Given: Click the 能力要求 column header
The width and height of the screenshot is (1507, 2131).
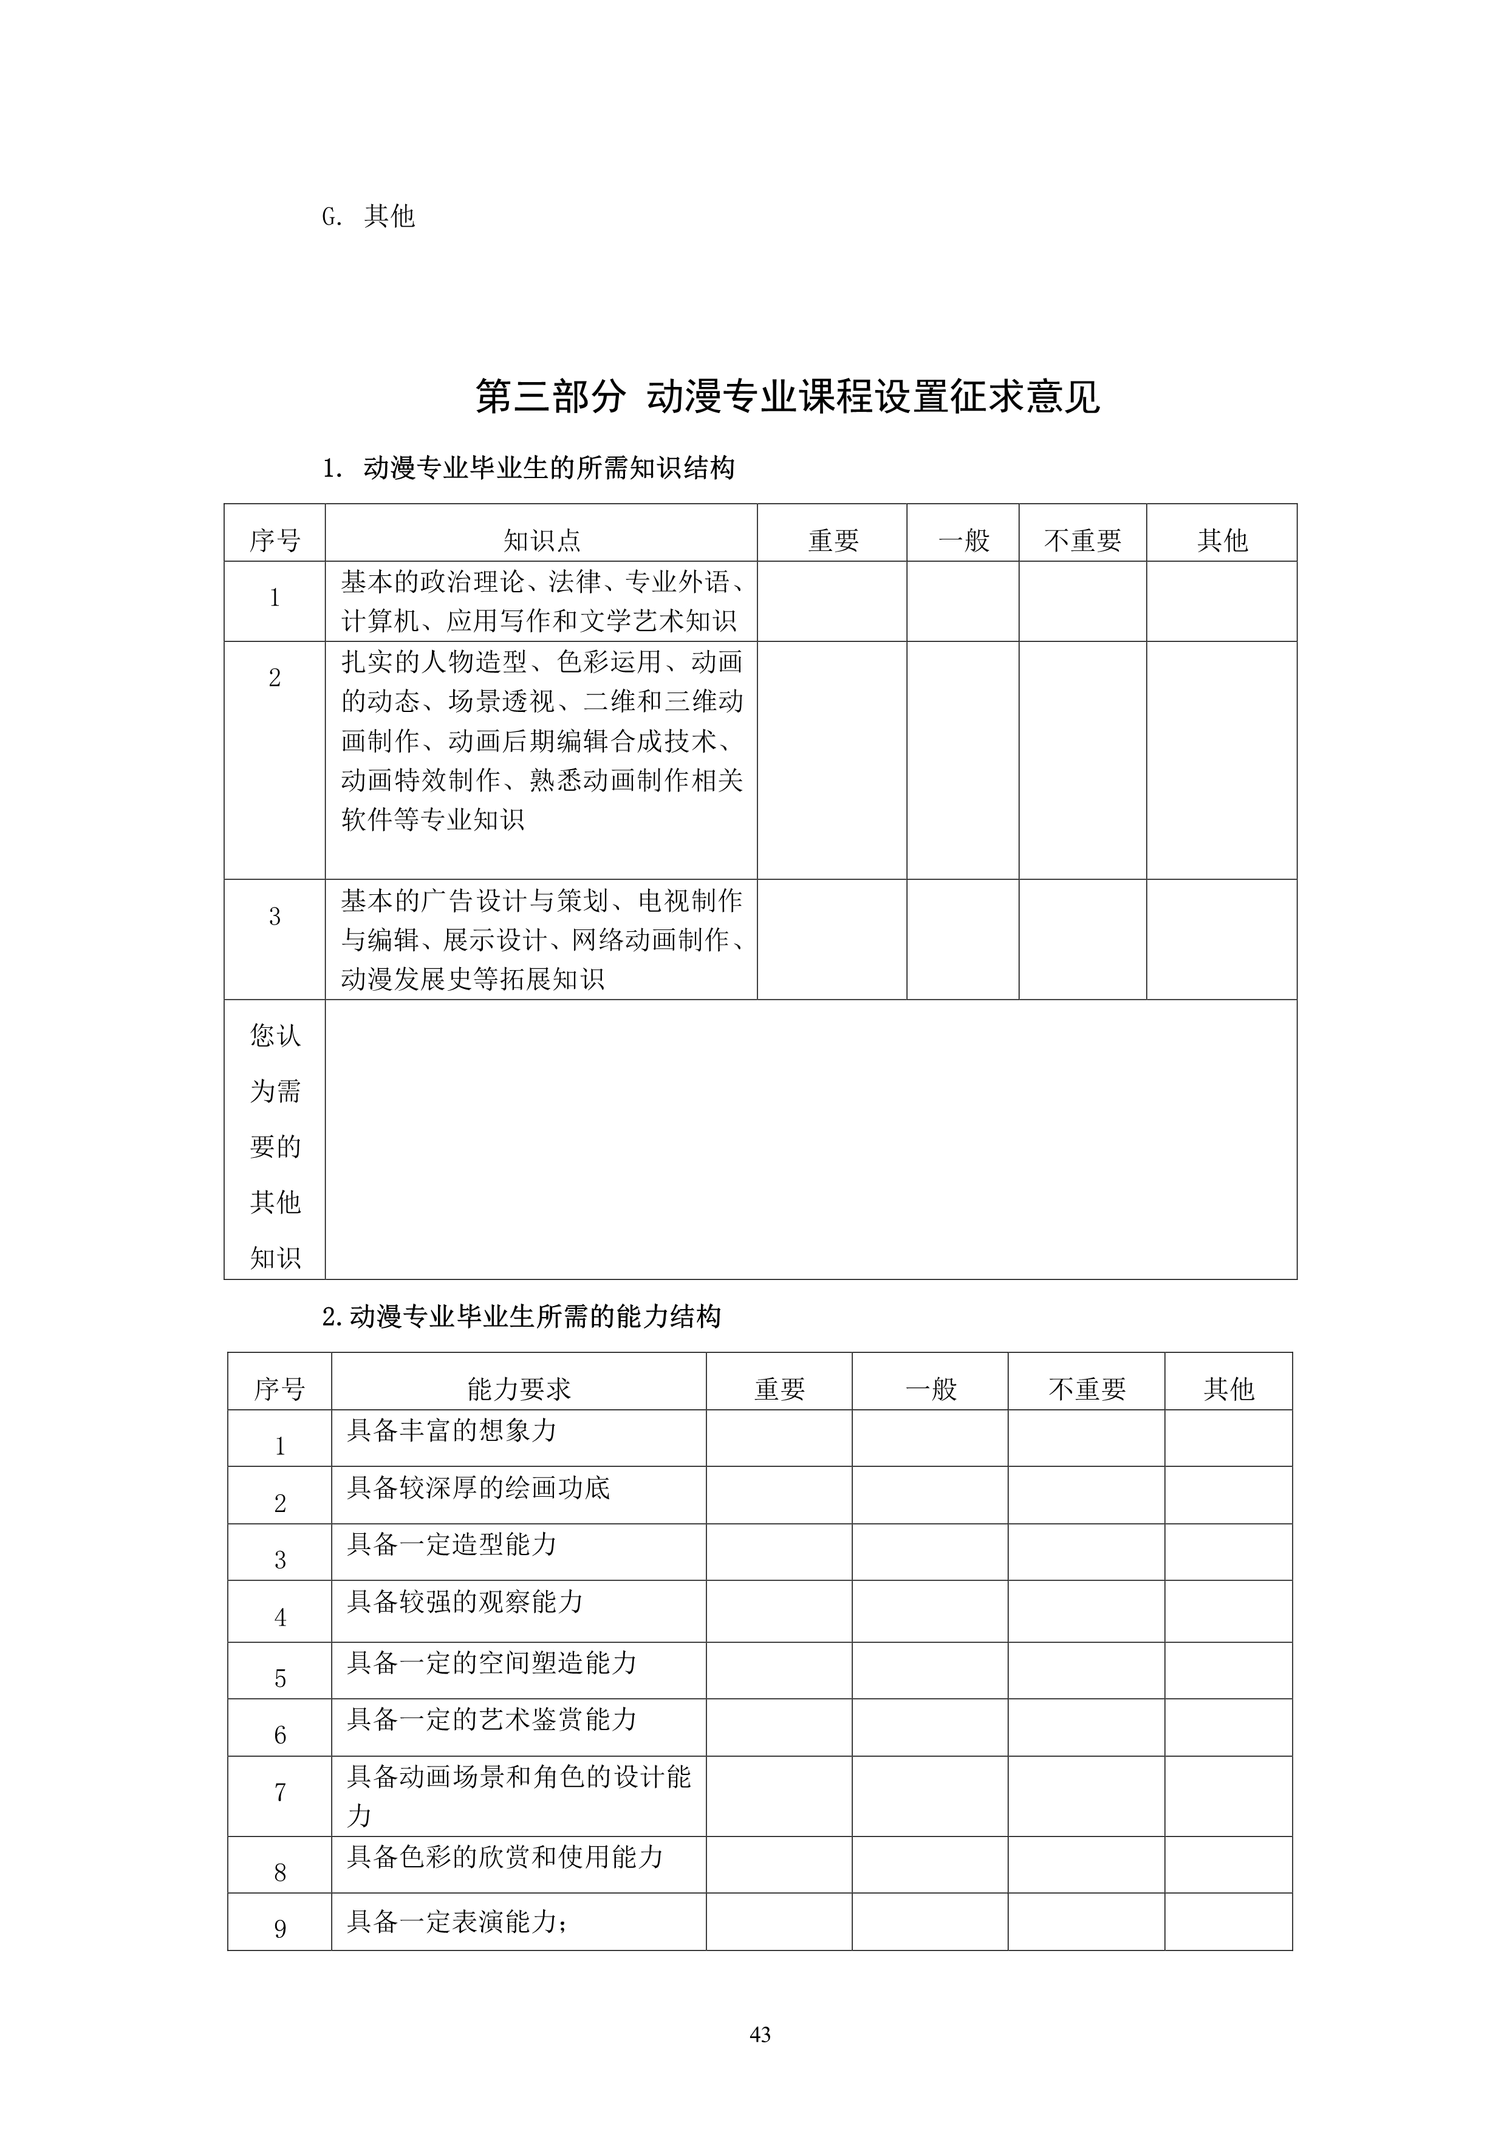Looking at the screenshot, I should [519, 1389].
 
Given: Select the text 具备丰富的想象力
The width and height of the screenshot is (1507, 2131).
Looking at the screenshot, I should [452, 1430].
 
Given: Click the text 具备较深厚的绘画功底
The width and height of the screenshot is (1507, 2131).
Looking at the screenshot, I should [478, 1488].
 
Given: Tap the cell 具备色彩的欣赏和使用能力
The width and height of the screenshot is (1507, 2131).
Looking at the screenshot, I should [505, 1856].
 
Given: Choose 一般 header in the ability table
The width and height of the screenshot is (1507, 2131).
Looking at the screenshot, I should [930, 1389].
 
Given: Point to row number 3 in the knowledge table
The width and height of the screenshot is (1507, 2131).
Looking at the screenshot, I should [275, 917].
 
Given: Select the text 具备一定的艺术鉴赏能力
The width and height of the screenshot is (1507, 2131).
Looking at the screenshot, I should [492, 1719].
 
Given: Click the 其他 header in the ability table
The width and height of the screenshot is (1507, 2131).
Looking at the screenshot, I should [1229, 1389].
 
